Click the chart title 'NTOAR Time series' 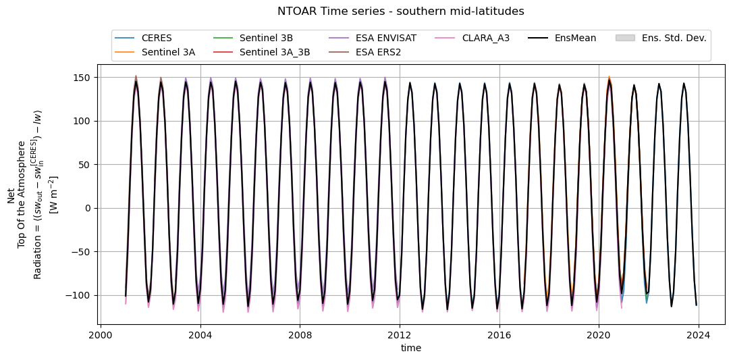(x=400, y=11)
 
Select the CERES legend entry (x=155, y=38)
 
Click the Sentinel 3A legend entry (x=168, y=51)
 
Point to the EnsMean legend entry (x=575, y=38)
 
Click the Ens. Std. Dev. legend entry (x=674, y=38)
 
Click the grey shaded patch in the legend (x=625, y=38)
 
